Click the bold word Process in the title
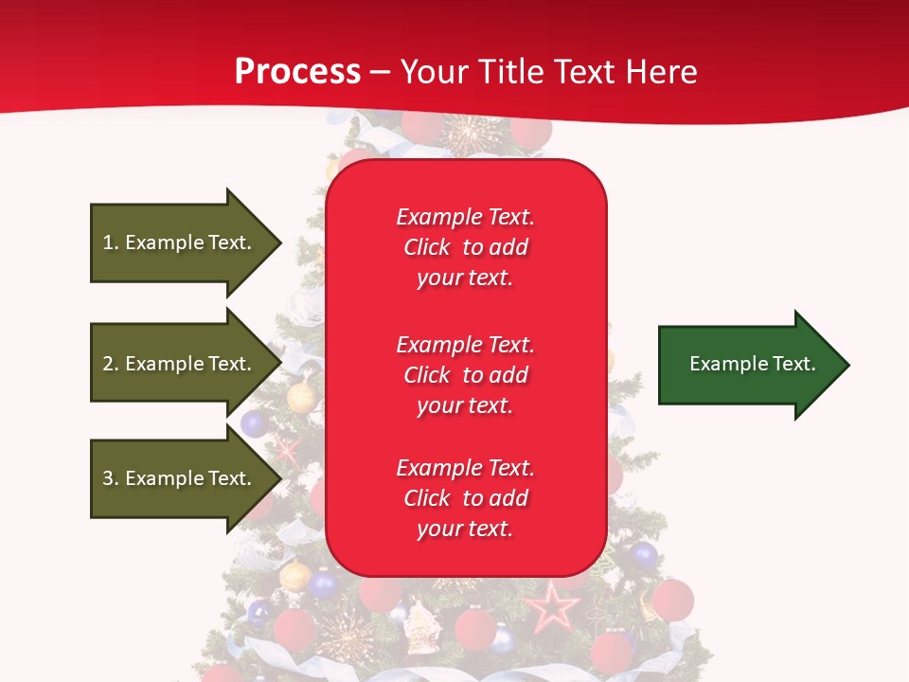point(297,72)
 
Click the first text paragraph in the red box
point(465,247)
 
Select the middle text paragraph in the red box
point(465,375)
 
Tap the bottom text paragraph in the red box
point(465,498)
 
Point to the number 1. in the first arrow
point(111,242)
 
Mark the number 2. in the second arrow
point(111,364)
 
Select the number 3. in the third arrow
point(111,478)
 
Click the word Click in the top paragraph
point(427,247)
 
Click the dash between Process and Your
point(380,72)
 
